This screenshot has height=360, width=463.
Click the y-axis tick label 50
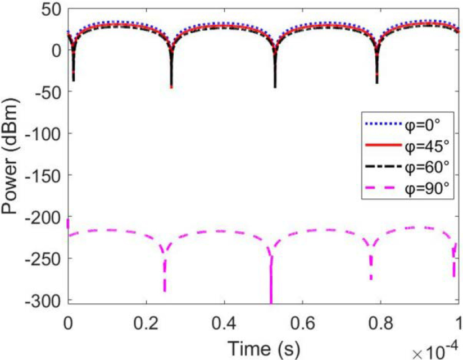tap(52, 8)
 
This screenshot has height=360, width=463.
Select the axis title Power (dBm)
tap(12, 154)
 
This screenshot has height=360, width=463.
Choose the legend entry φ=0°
tap(419, 124)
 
